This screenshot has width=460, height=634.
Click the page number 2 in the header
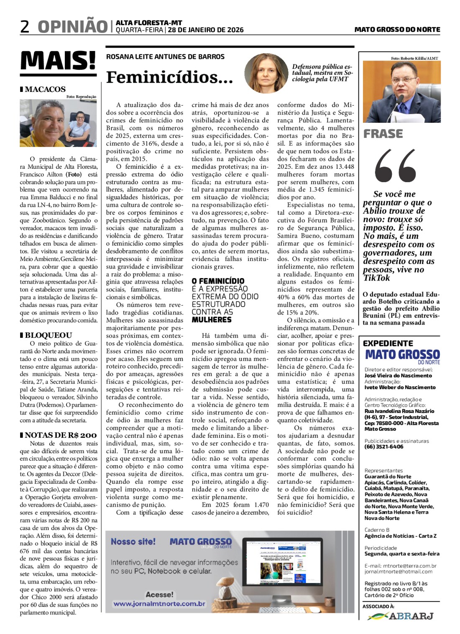(x=25, y=27)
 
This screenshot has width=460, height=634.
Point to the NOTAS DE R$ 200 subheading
(x=61, y=435)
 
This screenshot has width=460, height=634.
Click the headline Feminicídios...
(x=169, y=77)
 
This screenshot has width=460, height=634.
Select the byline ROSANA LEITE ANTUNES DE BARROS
(x=165, y=57)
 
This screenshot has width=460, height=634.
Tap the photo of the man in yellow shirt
(x=58, y=123)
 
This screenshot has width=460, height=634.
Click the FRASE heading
(x=383, y=134)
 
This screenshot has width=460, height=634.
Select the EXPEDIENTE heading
(x=388, y=343)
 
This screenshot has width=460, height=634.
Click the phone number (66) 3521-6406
(x=384, y=446)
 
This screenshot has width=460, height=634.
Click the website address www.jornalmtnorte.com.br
(x=159, y=604)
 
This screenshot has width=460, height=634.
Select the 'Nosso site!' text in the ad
(x=133, y=542)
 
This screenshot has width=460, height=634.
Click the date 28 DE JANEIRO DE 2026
(x=206, y=30)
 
